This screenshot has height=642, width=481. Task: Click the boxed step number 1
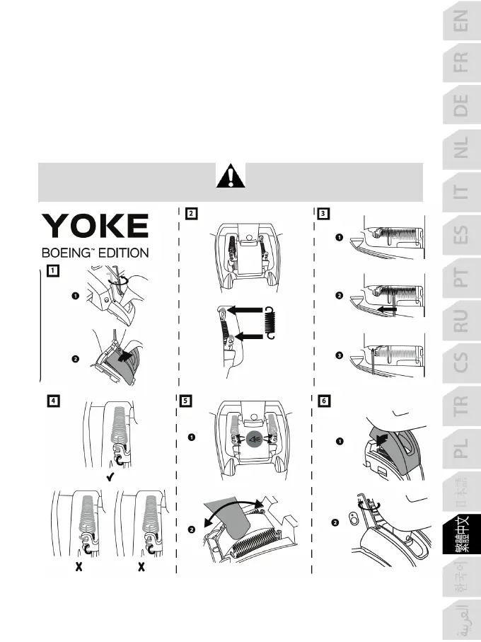[x=54, y=269]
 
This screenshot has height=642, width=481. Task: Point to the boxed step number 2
[x=192, y=212]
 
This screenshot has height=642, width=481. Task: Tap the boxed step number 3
[x=324, y=212]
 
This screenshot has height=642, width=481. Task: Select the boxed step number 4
[x=54, y=400]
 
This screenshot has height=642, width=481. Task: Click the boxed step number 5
[x=185, y=400]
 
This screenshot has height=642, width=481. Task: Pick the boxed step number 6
[x=324, y=400]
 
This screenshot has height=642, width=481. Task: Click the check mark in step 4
[x=111, y=478]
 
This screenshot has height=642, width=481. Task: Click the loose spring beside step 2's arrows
[x=268, y=321]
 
